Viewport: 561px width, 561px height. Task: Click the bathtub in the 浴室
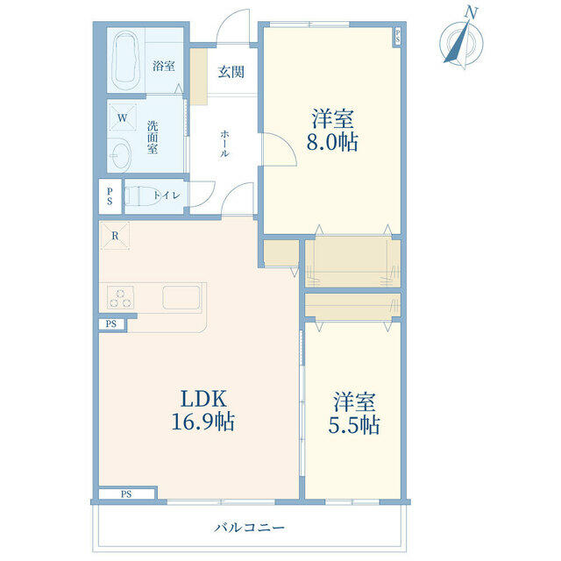click(x=125, y=61)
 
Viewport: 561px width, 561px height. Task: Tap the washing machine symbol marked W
click(x=123, y=117)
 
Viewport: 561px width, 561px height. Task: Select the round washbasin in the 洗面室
click(x=121, y=154)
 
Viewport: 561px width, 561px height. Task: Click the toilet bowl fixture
click(x=142, y=195)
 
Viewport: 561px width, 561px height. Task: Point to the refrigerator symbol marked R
click(x=115, y=236)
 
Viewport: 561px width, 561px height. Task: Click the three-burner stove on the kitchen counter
click(x=121, y=298)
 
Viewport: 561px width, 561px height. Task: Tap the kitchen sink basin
click(x=181, y=297)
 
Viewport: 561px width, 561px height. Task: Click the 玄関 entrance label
click(x=231, y=72)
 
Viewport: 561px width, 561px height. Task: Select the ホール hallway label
click(x=224, y=144)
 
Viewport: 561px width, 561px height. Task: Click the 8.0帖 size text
click(x=332, y=142)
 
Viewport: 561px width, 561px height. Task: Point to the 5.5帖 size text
click(x=354, y=425)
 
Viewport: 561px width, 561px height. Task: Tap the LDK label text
click(x=204, y=399)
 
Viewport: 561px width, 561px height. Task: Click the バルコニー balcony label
click(x=249, y=528)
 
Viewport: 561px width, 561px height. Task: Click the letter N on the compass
click(x=472, y=13)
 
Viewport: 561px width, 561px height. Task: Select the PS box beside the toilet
click(x=110, y=196)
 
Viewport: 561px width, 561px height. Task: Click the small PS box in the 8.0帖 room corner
click(x=397, y=36)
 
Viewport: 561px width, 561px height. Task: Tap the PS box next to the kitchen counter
click(x=111, y=324)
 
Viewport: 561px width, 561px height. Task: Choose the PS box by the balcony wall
click(x=126, y=494)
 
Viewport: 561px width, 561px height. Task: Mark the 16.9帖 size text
click(x=203, y=422)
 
